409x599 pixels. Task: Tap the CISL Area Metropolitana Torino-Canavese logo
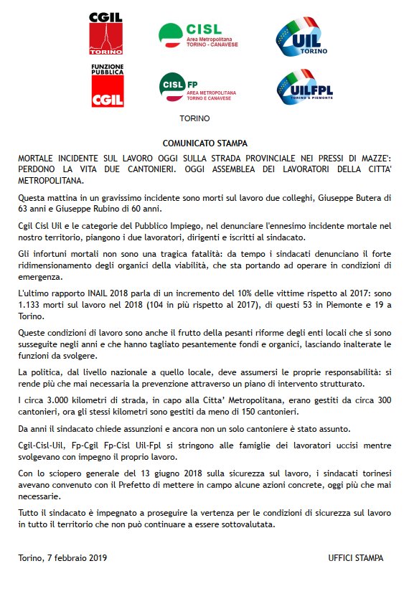pos(197,34)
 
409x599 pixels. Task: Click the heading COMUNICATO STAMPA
pos(204,143)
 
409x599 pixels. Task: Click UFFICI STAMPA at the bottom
pos(354,557)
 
